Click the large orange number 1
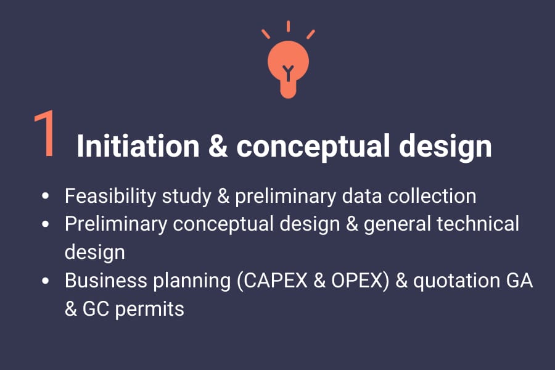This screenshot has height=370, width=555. [x=46, y=133]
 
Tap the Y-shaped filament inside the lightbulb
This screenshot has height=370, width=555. [x=288, y=73]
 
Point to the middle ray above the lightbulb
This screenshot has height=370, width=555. [x=288, y=26]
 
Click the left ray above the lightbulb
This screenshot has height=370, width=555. [x=266, y=34]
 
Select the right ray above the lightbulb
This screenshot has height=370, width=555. [x=310, y=34]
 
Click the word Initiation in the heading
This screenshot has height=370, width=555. [x=138, y=146]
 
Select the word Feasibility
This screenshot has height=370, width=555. [x=110, y=197]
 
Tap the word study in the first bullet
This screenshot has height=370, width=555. [x=186, y=197]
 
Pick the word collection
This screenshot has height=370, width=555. [x=432, y=196]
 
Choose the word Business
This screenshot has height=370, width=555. [x=106, y=281]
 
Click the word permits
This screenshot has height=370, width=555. [x=150, y=310]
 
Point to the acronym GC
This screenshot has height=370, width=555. [x=96, y=309]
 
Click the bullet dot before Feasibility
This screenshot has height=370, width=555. [x=45, y=196]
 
